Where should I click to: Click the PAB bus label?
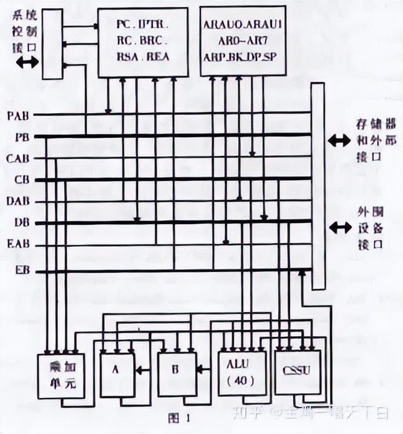click(19, 115)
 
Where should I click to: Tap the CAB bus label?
click(19, 158)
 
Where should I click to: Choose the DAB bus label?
click(19, 202)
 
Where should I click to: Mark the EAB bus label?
click(19, 245)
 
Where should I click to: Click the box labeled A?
click(117, 373)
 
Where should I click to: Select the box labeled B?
click(175, 373)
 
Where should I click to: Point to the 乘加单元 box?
click(61, 376)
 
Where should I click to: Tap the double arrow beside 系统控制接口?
click(27, 63)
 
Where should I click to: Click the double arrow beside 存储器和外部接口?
click(339, 141)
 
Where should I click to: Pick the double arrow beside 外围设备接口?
click(339, 228)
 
